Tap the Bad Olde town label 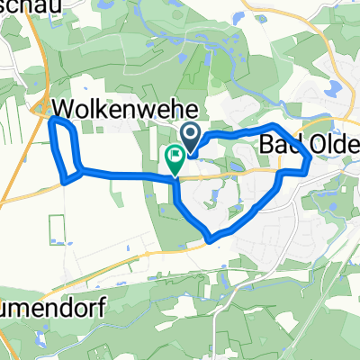tap(310, 145)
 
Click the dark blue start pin tap(192, 137)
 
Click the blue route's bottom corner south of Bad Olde tap(211, 240)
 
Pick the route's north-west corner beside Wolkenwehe tap(55, 120)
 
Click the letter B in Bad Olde tap(267, 145)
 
